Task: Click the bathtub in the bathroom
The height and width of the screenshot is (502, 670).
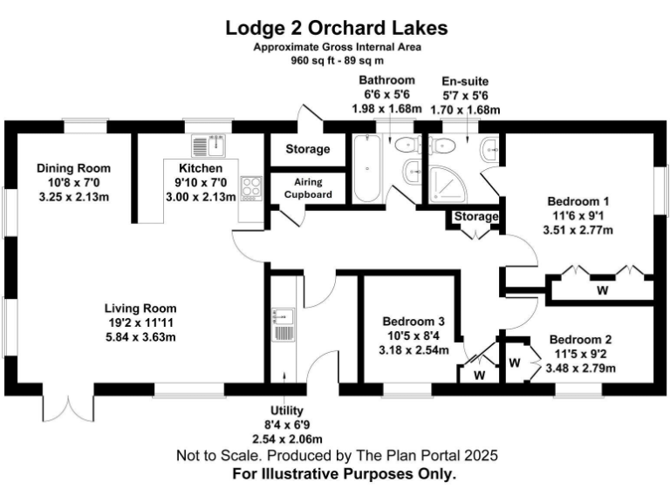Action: click(x=366, y=169)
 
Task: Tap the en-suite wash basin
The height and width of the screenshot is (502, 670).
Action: click(x=491, y=149)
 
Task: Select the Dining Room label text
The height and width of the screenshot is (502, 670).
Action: click(x=73, y=168)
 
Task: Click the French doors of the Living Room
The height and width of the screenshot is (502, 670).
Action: click(x=66, y=405)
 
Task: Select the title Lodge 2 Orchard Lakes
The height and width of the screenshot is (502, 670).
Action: click(x=336, y=27)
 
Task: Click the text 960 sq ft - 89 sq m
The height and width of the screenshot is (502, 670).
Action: click(x=336, y=61)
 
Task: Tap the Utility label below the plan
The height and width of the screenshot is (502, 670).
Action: click(x=286, y=410)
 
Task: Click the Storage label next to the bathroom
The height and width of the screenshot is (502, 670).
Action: click(x=308, y=149)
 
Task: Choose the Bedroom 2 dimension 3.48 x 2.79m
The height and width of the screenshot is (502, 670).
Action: click(x=580, y=369)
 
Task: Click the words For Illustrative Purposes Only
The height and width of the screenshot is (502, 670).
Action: click(x=345, y=475)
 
